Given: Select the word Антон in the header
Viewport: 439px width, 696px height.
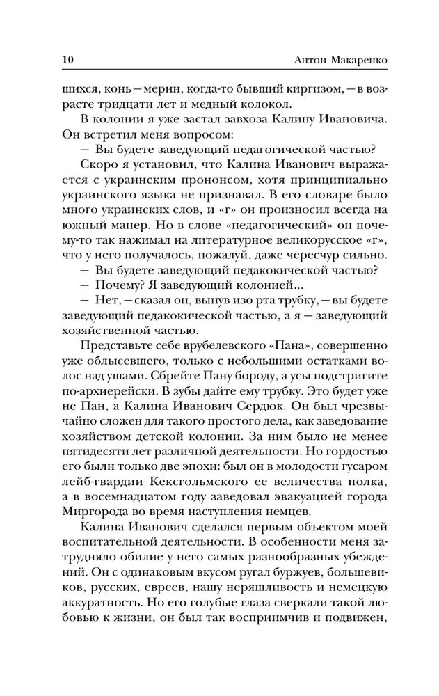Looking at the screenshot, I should click(304, 58).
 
